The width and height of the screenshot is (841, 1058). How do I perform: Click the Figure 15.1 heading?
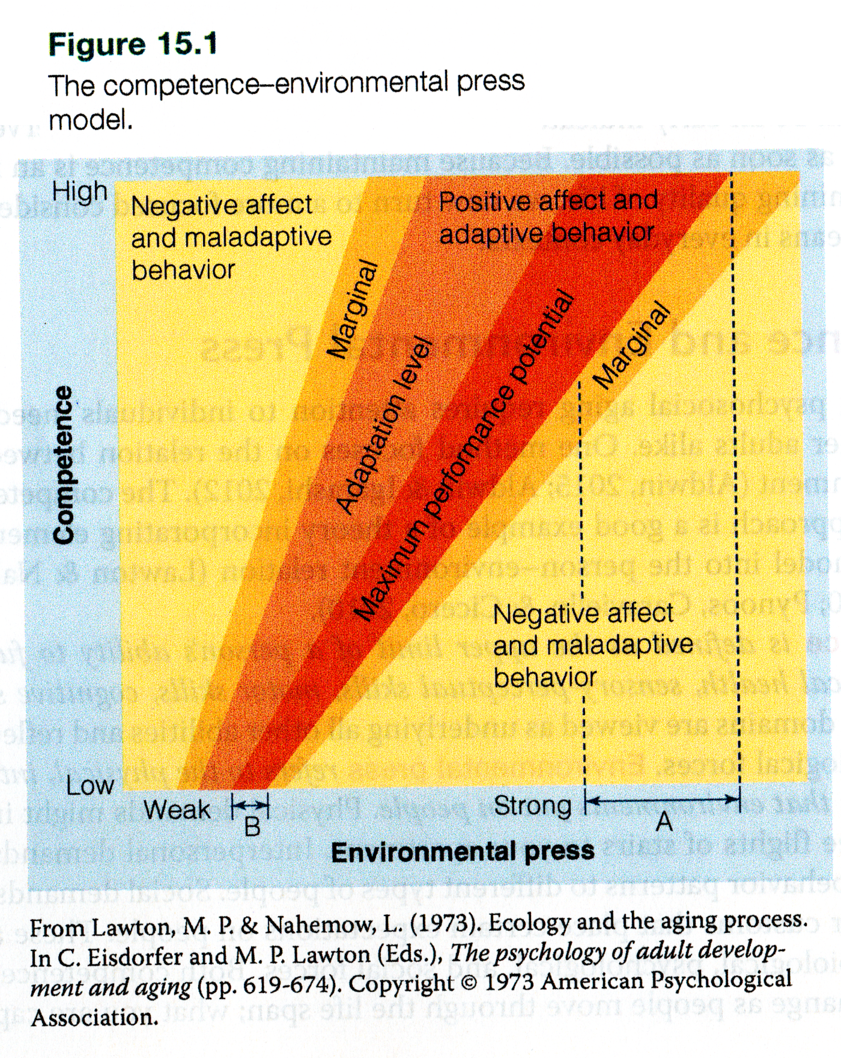(x=133, y=45)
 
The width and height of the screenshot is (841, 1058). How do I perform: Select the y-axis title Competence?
(x=64, y=465)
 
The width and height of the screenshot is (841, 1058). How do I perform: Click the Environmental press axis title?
(x=463, y=852)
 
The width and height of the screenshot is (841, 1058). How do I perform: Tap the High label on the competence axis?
(x=79, y=192)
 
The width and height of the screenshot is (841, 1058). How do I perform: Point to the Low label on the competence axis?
(x=90, y=785)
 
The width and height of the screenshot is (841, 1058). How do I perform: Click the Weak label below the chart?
(x=177, y=810)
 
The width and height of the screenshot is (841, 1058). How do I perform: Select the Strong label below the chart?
(x=532, y=806)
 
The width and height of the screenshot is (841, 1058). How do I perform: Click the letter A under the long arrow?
(x=664, y=821)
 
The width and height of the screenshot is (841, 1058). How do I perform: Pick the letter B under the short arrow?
(x=252, y=827)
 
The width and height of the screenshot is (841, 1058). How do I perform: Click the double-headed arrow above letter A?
(x=663, y=800)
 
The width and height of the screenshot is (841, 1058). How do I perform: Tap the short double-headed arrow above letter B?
(x=250, y=804)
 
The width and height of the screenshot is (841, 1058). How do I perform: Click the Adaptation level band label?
(x=384, y=426)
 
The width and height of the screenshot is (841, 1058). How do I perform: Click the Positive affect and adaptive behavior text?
(x=548, y=217)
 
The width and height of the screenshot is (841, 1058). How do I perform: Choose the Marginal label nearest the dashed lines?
(x=631, y=344)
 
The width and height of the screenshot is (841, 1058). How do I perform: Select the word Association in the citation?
(x=95, y=1017)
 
